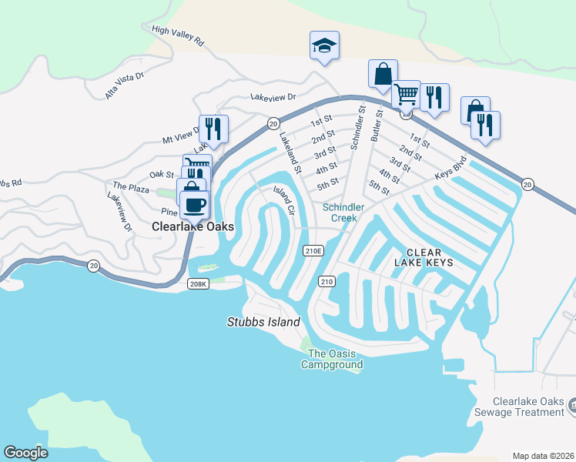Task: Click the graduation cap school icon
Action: (324, 45)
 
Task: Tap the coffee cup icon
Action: (194, 205)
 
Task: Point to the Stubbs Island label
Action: (263, 322)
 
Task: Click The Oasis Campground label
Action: (331, 359)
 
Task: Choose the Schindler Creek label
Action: (340, 213)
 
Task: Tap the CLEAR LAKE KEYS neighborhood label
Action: (424, 258)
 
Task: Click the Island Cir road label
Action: (283, 199)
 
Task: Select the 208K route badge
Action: (198, 284)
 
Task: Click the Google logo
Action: (26, 453)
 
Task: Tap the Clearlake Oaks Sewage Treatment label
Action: (530, 407)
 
